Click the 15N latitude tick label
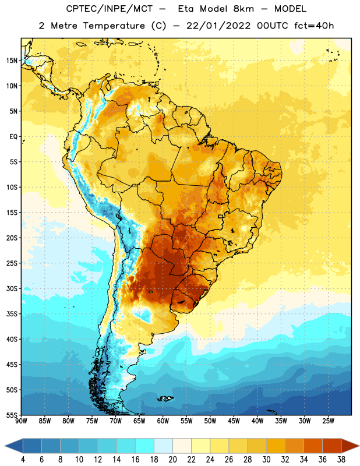click(12, 61)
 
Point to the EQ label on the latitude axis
click(13, 137)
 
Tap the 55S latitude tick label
click(12, 415)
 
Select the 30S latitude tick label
click(12, 288)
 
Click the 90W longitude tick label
click(22, 421)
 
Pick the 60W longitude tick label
click(163, 421)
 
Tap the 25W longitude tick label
click(328, 421)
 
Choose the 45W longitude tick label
click(234, 421)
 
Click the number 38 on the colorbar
click(341, 460)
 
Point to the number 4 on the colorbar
click(23, 460)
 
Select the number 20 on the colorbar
click(172, 460)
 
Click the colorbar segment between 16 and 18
click(145, 446)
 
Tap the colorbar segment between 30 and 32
click(276, 446)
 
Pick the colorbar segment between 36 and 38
click(332, 446)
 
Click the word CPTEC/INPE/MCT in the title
click(110, 9)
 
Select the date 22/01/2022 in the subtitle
click(218, 26)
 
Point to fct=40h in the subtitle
click(314, 26)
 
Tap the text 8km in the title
click(243, 9)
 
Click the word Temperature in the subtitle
click(114, 26)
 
